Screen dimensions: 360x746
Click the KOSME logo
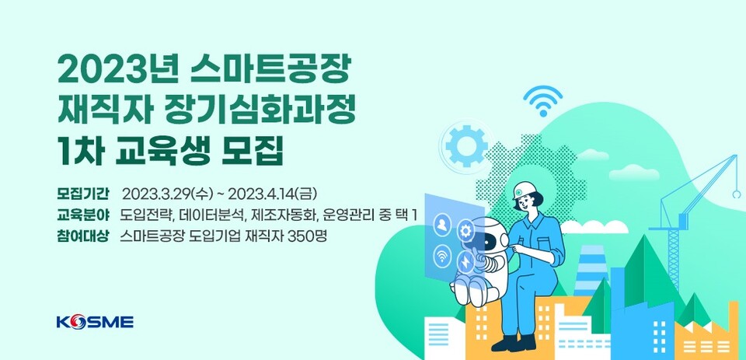tap(95, 321)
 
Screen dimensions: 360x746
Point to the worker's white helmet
tap(522, 188)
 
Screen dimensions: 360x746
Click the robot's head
tap(489, 236)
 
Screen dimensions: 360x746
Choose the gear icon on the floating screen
tap(465, 229)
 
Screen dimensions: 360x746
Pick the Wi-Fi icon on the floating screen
tap(441, 255)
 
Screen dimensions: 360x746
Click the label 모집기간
tap(83, 193)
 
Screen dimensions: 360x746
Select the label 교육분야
tap(83, 214)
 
